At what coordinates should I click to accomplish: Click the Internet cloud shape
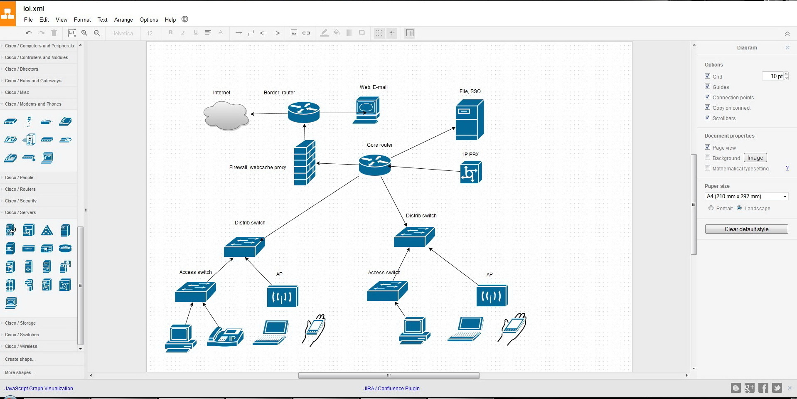tap(226, 116)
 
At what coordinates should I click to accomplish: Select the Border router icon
tap(304, 112)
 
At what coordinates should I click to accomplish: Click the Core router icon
tap(375, 165)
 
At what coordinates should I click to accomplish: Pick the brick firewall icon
tap(305, 163)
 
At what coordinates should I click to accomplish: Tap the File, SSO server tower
tap(470, 120)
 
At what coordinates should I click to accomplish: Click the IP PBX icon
tap(471, 172)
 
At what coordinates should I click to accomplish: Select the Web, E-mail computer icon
tap(367, 110)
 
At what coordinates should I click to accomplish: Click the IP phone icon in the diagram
tap(225, 337)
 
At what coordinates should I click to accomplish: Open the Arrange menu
tap(123, 20)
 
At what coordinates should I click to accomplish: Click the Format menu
tap(82, 20)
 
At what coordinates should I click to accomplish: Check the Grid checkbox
tap(707, 76)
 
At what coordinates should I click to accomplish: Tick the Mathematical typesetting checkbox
tap(707, 168)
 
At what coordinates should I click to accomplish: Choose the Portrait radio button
tap(711, 208)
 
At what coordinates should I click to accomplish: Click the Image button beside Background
tap(755, 158)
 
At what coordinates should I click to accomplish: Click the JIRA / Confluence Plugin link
tap(391, 389)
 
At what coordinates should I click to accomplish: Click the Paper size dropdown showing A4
tap(747, 196)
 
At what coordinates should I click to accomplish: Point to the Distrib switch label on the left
tap(250, 223)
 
